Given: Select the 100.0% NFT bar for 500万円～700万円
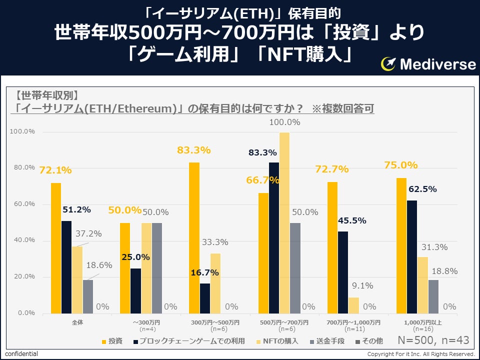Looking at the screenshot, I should point(284,222).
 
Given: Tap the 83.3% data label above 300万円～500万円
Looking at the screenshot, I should point(194,150).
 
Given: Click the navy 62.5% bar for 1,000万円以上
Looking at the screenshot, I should point(412,257).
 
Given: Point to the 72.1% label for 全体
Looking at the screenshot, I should point(55,170).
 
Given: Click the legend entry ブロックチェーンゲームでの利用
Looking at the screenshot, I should point(192,341).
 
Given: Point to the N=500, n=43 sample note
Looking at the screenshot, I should point(433,340).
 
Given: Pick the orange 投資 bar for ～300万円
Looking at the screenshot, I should point(125,268).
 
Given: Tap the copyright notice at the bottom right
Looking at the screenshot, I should point(421,354).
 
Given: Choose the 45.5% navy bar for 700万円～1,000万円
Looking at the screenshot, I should point(343,272).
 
